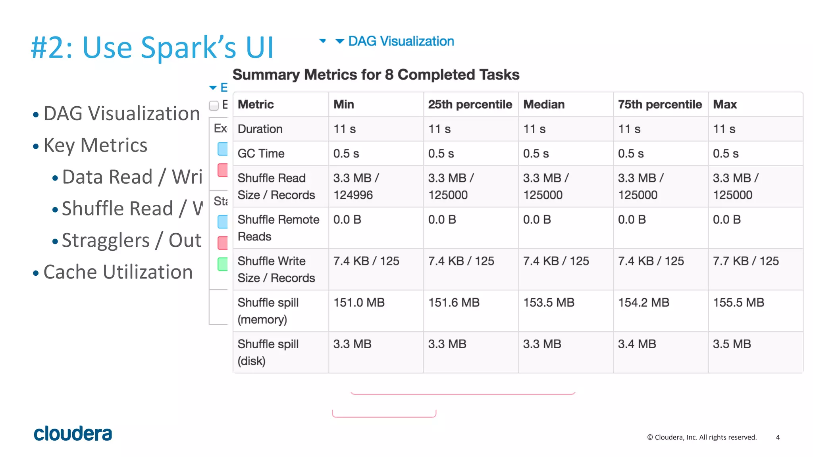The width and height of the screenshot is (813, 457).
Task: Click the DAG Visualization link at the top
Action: click(x=401, y=41)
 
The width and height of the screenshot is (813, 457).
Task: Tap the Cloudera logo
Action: click(x=73, y=434)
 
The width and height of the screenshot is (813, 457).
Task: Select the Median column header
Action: click(x=543, y=104)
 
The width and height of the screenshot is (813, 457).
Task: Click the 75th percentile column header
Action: click(x=659, y=104)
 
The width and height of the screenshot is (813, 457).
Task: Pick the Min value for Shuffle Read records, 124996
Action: click(x=353, y=195)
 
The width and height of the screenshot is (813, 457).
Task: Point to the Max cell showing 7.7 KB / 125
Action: click(x=746, y=261)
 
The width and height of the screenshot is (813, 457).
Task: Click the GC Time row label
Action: click(x=261, y=154)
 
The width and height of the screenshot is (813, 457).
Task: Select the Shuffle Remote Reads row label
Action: click(x=278, y=228)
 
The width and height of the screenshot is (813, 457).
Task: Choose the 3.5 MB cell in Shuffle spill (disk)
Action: click(x=732, y=344)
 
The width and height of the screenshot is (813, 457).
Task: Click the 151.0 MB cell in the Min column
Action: click(x=359, y=303)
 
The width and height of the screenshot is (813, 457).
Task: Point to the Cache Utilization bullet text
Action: click(x=118, y=272)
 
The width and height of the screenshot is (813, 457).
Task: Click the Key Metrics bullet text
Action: click(x=95, y=145)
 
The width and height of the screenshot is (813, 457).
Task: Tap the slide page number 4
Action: click(x=778, y=437)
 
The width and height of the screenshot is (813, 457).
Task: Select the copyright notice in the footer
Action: click(x=702, y=437)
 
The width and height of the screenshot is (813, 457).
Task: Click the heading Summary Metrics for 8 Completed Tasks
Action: click(x=376, y=75)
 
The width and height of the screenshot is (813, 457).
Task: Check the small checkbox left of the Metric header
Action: click(x=214, y=106)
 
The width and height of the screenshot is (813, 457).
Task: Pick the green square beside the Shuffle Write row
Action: click(x=223, y=264)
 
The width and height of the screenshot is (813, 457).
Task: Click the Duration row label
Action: click(x=260, y=129)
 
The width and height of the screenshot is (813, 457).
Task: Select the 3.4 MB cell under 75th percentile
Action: click(x=637, y=344)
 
